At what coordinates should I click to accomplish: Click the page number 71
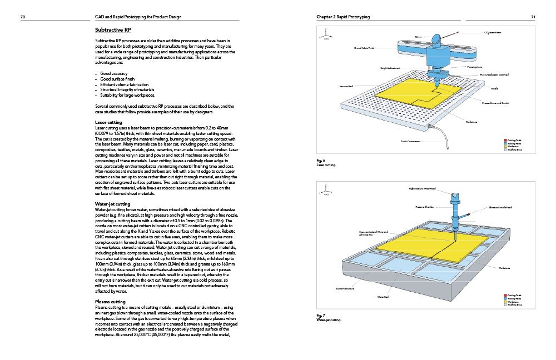[x=533, y=17]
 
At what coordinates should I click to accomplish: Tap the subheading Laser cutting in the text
[x=109, y=122]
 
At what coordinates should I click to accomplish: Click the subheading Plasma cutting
[x=111, y=302]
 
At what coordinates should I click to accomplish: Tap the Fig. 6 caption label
[x=321, y=161]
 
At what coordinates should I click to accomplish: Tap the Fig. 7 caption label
[x=321, y=316]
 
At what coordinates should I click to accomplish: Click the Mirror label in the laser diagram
[x=420, y=37]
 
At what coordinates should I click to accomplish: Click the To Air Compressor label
[x=411, y=142]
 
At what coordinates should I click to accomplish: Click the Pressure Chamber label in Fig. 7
[x=424, y=207]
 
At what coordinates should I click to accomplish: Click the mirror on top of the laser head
[x=437, y=38]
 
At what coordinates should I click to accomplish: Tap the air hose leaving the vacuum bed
[x=464, y=133]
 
